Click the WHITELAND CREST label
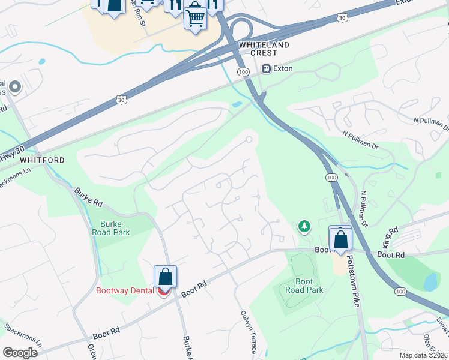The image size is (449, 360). coord(264,49)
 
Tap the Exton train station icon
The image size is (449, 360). coord(267,69)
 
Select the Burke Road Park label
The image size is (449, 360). coord(111,228)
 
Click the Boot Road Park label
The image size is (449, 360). coord(304,286)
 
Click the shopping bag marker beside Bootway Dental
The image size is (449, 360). coord(165,277)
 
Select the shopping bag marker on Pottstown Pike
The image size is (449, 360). coord(340,238)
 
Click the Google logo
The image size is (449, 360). coord(20,353)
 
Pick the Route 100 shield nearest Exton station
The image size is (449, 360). coord(243,72)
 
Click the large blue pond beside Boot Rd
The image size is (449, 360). coord(430,282)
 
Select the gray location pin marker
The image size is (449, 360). coord(14,88)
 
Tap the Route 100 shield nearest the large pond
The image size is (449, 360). coord(400,291)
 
